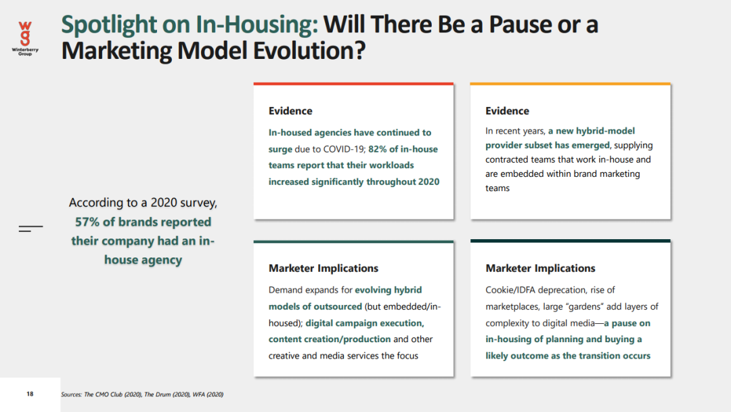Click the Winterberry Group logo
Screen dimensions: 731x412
pos(25,38)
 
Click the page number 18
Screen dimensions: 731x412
pos(30,394)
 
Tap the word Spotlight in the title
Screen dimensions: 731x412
pos(109,24)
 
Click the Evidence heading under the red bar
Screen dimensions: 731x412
pos(290,110)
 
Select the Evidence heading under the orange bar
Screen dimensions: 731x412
pos(507,110)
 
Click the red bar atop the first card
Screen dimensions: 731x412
pos(353,84)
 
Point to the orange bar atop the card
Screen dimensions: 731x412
pos(570,84)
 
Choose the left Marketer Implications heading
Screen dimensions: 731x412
pos(324,268)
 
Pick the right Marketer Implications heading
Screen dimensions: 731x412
pos(540,268)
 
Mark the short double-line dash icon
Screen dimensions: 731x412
pos(30,228)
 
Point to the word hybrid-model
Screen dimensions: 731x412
pos(605,131)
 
